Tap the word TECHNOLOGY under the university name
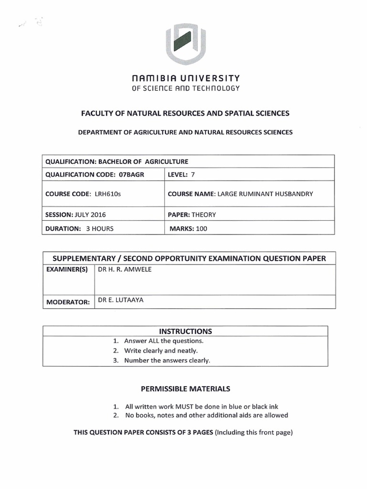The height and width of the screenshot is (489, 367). point(215,88)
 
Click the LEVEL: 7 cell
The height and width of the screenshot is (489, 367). point(182,175)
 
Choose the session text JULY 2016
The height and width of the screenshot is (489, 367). point(91,215)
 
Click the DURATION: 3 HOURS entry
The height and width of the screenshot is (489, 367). point(79,229)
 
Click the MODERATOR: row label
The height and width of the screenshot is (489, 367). point(67,302)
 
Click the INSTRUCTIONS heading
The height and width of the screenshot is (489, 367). point(185,331)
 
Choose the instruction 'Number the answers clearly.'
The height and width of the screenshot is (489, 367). point(167,361)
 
